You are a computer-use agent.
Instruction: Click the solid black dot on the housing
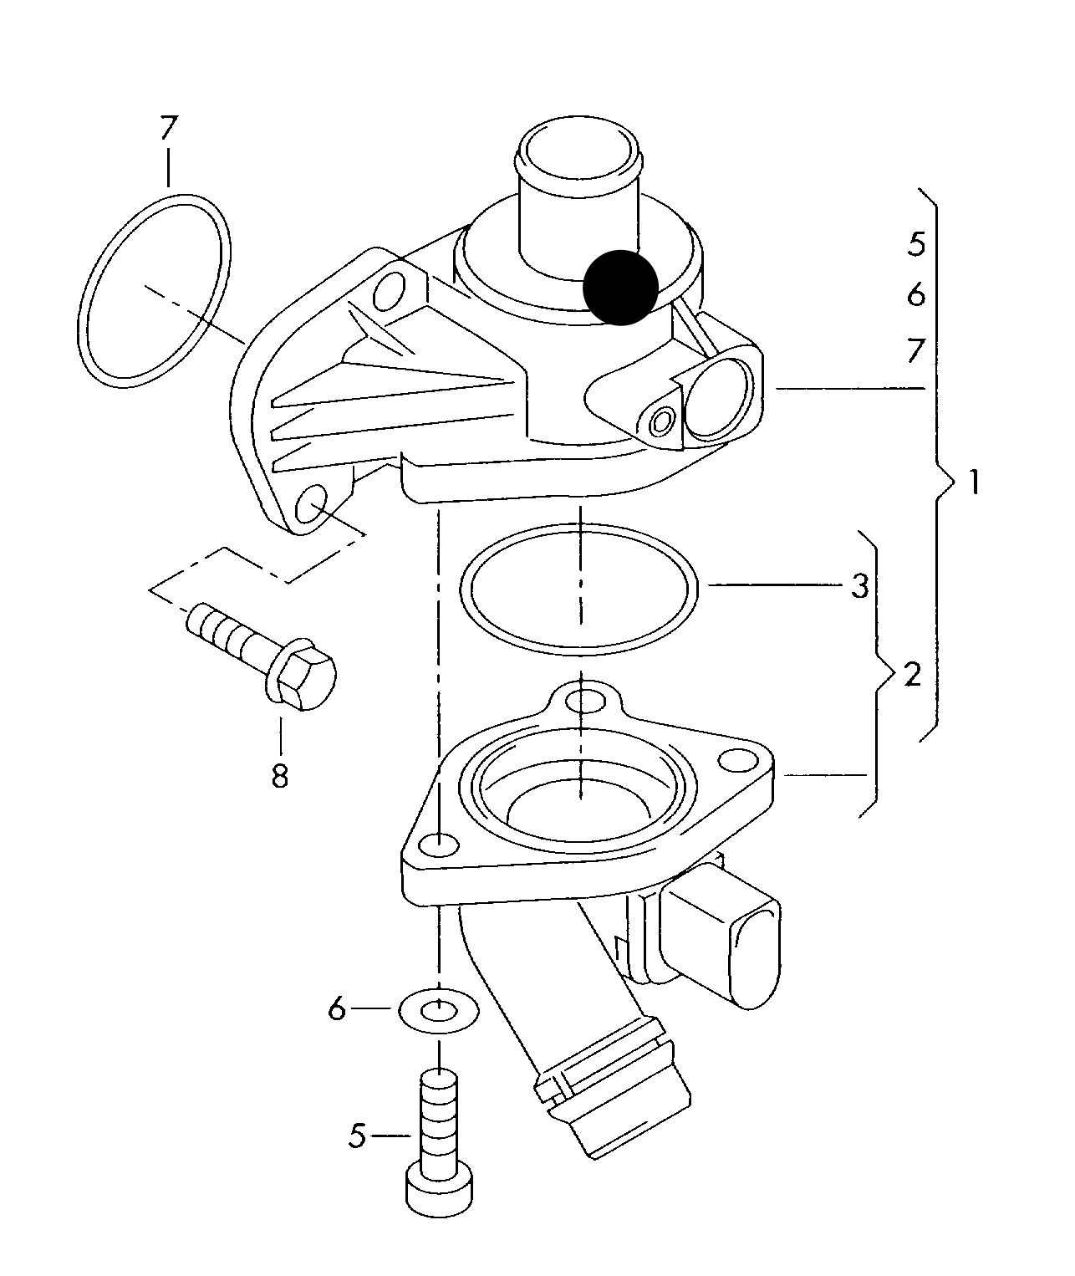[x=620, y=287]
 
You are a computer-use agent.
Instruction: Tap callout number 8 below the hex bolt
[x=280, y=776]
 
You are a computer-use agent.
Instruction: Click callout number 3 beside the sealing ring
[x=860, y=586]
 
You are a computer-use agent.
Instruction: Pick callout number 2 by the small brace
[x=911, y=674]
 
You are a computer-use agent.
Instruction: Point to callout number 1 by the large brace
[x=972, y=483]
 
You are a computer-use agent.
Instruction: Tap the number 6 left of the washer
[x=337, y=1010]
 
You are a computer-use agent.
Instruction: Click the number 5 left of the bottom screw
[x=358, y=1136]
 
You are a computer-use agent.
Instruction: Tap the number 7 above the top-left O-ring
[x=169, y=128]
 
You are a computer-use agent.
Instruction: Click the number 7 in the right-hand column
[x=916, y=350]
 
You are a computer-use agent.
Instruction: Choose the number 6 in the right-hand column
[x=916, y=294]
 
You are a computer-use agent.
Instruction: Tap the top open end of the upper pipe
[x=579, y=153]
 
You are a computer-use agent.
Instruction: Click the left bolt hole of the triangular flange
[x=440, y=846]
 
